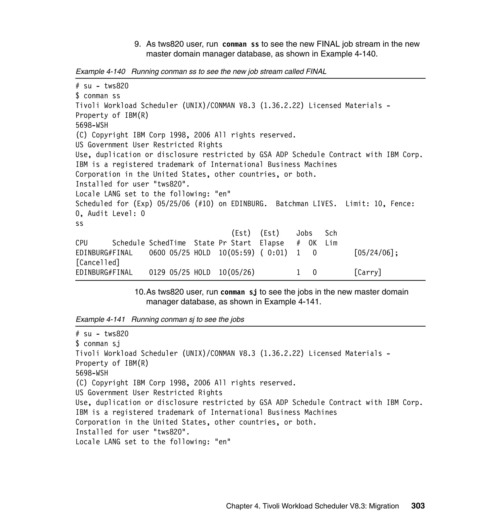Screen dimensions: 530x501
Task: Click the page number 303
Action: coord(418,506)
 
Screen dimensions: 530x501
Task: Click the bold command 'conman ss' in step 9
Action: coord(240,44)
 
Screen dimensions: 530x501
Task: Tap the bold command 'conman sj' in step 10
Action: coord(239,292)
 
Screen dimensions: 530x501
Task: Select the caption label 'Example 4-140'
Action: coord(100,72)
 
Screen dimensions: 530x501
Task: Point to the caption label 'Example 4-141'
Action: coord(100,320)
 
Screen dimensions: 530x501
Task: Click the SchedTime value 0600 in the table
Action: coord(157,253)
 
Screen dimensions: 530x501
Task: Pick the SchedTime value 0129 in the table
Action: coord(157,273)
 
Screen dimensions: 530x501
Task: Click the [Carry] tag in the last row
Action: coord(367,273)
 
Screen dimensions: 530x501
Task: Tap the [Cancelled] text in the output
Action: coord(97,263)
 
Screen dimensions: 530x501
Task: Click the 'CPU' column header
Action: coord(81,243)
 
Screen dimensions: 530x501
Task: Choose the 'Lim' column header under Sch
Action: coord(331,243)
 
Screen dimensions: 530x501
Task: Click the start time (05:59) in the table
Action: coord(241,253)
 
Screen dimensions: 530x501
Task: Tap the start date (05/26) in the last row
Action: coord(241,273)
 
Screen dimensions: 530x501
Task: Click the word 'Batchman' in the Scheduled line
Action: coord(292,204)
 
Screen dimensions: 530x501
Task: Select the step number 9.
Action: coord(137,44)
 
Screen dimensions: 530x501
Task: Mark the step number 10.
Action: coord(140,292)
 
